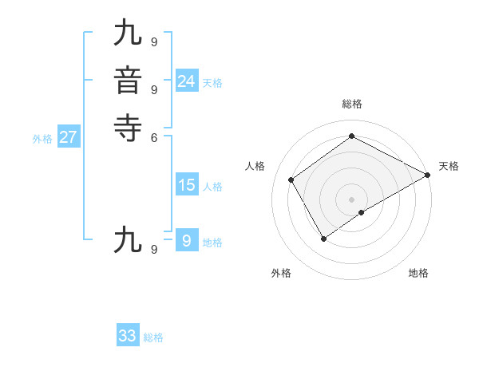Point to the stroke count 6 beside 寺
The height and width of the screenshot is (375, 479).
pyautogui.click(x=153, y=136)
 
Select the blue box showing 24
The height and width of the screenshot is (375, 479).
pyautogui.click(x=186, y=81)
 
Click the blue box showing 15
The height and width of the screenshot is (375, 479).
pyautogui.click(x=186, y=185)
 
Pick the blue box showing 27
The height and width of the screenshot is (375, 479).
pyautogui.click(x=69, y=137)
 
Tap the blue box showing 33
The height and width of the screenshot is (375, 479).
pyautogui.click(x=128, y=335)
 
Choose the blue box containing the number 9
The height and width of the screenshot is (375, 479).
pyautogui.click(x=186, y=240)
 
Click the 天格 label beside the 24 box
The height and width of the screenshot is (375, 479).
pyautogui.click(x=212, y=83)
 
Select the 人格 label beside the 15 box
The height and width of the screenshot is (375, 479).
pyautogui.click(x=212, y=187)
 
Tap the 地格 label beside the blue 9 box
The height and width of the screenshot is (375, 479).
pyautogui.click(x=212, y=243)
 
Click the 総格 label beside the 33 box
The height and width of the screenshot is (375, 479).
pyautogui.click(x=153, y=338)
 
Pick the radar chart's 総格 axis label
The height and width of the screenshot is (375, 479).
pyautogui.click(x=351, y=104)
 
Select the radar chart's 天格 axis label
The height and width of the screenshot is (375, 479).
pyautogui.click(x=449, y=166)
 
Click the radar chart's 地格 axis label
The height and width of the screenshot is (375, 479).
pyautogui.click(x=418, y=274)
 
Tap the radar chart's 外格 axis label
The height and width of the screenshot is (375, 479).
pyautogui.click(x=281, y=274)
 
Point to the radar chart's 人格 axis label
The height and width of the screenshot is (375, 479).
pyautogui.click(x=255, y=166)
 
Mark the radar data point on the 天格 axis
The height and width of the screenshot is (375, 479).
pyautogui.click(x=428, y=175)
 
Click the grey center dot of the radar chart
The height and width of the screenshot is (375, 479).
pyautogui.click(x=351, y=199)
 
